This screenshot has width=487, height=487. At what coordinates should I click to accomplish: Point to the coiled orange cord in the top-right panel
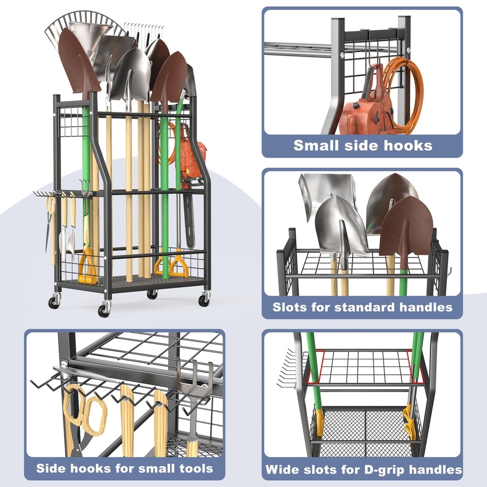[404, 93]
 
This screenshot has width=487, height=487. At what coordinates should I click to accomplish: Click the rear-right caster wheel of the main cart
[152, 294]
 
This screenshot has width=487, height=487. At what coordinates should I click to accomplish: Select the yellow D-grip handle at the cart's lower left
[87, 266]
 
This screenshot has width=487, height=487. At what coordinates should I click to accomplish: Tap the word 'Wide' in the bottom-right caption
[281, 469]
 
